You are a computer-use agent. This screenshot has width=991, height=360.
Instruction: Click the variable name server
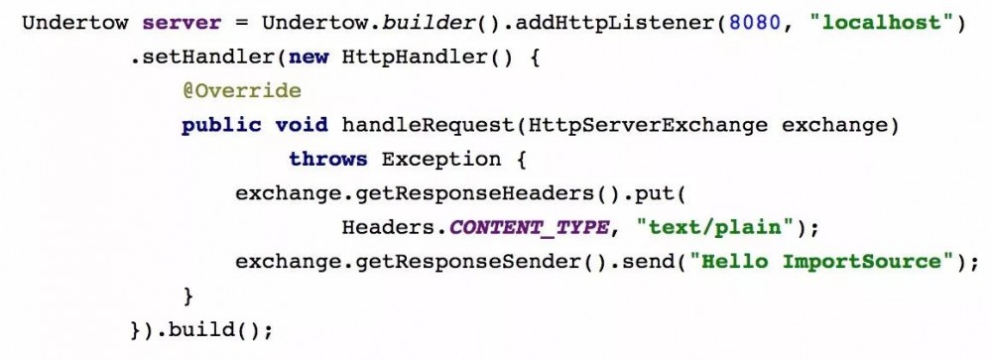pos(175,22)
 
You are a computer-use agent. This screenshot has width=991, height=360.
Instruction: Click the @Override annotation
pos(241,91)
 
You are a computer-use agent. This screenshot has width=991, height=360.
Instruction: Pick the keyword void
pos(301,125)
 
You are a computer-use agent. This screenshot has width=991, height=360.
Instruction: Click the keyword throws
pos(327,160)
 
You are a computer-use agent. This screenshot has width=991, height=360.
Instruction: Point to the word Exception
pos(441,160)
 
